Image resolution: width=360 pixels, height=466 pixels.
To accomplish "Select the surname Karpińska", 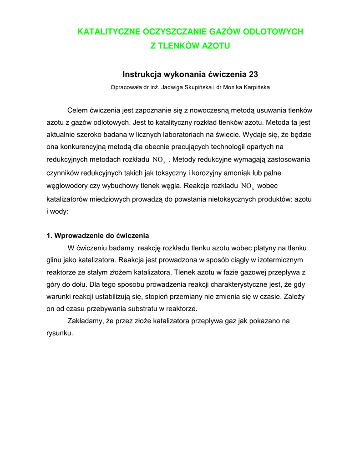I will point(255,87).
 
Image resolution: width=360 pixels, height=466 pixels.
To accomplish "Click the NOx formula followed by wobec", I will point(248,186).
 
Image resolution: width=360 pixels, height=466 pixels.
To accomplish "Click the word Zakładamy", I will point(85,321).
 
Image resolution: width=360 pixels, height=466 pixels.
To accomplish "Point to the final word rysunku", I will point(60,333).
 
